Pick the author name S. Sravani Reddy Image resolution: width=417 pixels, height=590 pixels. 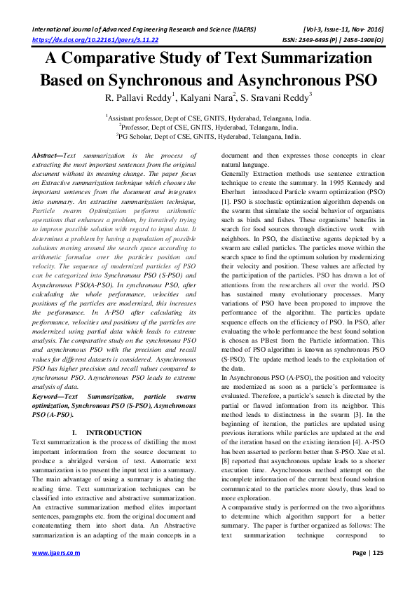click(x=278, y=97)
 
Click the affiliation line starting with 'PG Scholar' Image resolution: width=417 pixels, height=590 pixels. click(x=208, y=137)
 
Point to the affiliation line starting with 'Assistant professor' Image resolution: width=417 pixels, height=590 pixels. click(x=208, y=119)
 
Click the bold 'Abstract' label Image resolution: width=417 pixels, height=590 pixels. click(x=46, y=153)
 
